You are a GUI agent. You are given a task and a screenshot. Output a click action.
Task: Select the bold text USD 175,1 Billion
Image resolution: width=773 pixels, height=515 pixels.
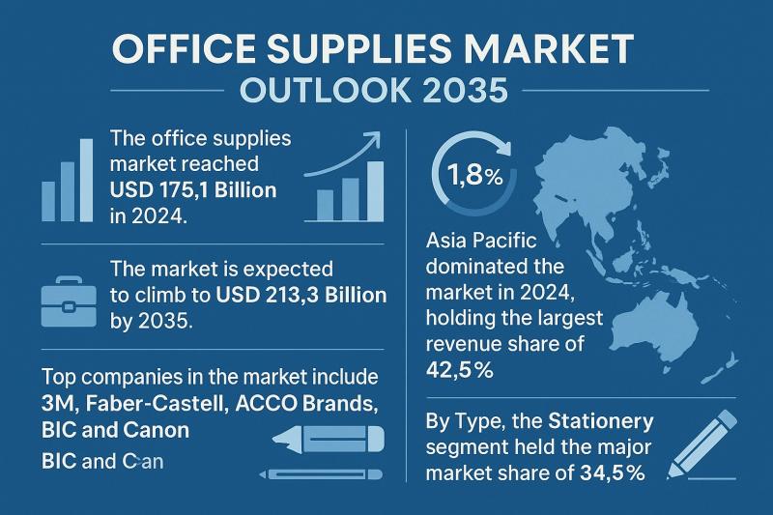pyautogui.click(x=194, y=189)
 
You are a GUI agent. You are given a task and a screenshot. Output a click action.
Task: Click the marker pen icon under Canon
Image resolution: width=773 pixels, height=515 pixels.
pyautogui.click(x=328, y=441)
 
